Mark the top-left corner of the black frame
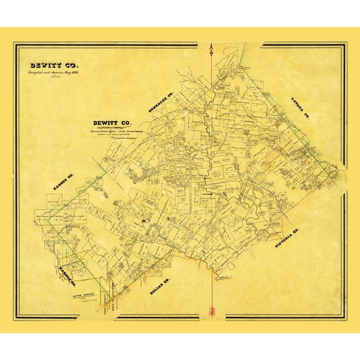(x=15, y=44)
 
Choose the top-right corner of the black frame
(x=346, y=44)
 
